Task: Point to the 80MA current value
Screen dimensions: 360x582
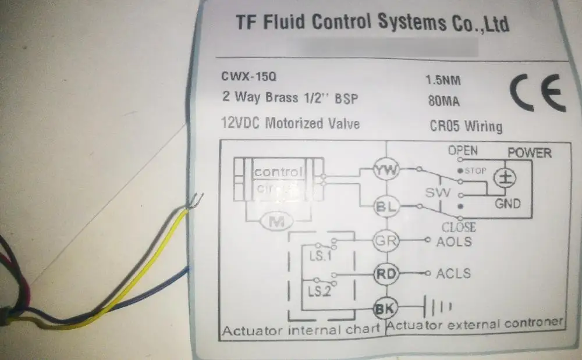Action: (x=443, y=102)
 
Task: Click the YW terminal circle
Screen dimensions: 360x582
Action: (x=385, y=170)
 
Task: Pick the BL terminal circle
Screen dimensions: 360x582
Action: (x=385, y=206)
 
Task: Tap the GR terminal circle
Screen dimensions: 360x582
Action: (x=385, y=240)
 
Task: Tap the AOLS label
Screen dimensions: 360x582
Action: (x=453, y=241)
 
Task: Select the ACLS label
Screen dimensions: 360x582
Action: (x=453, y=273)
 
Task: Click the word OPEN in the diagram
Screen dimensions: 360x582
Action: (x=463, y=151)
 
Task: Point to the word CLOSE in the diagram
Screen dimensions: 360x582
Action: (x=459, y=227)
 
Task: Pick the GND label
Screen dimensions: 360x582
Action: (x=508, y=204)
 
